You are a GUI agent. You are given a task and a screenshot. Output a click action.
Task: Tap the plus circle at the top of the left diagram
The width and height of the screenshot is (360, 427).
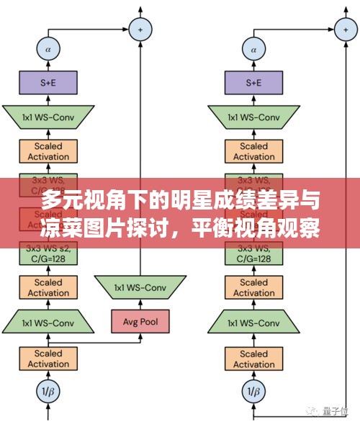140,30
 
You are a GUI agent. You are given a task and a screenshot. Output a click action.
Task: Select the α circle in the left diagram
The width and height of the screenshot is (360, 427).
48,49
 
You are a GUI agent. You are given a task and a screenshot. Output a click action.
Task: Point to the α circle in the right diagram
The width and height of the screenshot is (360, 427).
253,49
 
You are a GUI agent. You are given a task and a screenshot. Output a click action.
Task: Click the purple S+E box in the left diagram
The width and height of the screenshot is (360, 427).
48,82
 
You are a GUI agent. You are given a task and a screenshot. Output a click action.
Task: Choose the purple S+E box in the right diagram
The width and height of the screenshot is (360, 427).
253,82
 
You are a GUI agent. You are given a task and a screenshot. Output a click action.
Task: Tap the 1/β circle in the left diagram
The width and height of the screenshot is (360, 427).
48,392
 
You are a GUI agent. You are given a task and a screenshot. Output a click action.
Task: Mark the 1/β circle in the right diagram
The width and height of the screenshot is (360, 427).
253,392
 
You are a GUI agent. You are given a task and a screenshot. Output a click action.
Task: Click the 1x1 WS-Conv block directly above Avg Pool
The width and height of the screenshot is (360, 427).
140,288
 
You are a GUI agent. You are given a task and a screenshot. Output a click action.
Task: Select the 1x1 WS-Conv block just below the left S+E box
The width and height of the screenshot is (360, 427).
48,117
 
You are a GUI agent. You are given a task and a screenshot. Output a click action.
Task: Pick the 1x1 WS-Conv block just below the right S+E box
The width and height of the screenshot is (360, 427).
253,117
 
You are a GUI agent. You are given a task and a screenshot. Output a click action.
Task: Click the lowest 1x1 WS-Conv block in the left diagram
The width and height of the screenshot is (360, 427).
48,323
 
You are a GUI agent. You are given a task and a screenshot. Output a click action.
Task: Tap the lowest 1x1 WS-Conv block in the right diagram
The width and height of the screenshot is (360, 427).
253,323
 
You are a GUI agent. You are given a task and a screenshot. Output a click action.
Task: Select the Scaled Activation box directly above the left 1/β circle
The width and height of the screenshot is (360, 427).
48,358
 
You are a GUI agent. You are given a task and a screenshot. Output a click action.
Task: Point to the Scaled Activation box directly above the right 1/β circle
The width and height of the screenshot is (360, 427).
253,358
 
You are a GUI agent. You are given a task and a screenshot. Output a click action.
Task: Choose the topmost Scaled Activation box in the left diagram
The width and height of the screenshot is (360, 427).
48,151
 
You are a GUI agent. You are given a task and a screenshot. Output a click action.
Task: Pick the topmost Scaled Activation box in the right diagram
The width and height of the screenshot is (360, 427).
253,151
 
